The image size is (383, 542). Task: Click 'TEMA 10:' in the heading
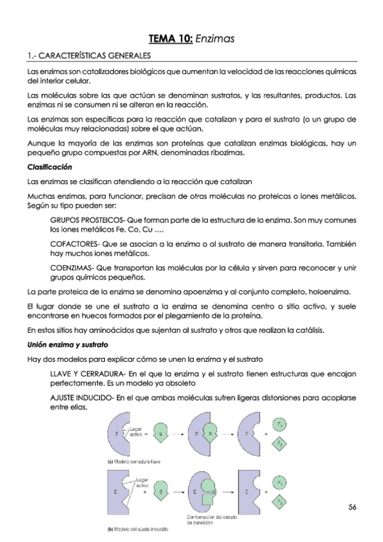(170, 39)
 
